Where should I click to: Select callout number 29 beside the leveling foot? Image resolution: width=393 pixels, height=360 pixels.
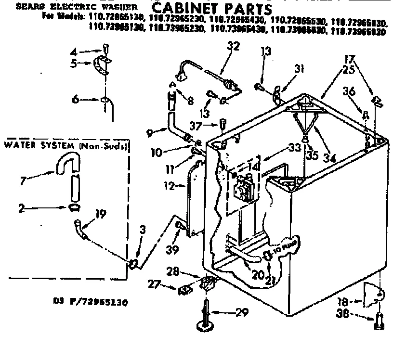pyautogui.click(x=242, y=313)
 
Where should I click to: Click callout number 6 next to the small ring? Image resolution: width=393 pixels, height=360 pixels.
pyautogui.click(x=75, y=100)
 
